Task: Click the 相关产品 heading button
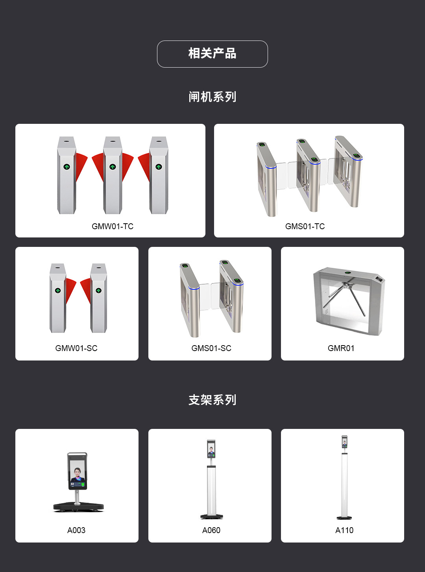click(x=212, y=54)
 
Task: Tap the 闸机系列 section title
click(x=212, y=97)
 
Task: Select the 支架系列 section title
click(x=212, y=400)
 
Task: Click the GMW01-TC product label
click(x=113, y=226)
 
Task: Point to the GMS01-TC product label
click(x=305, y=226)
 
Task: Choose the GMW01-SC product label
click(x=76, y=348)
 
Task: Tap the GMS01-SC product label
click(x=211, y=348)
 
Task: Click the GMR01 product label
click(x=341, y=348)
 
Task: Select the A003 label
click(x=76, y=530)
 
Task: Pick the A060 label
click(x=211, y=530)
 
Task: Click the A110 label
click(x=344, y=530)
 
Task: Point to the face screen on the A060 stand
click(x=211, y=449)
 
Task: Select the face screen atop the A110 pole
click(x=344, y=442)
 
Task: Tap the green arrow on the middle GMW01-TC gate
click(x=113, y=167)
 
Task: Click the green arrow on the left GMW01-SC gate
click(x=58, y=291)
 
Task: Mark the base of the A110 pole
click(x=344, y=518)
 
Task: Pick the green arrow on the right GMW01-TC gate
click(x=159, y=167)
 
